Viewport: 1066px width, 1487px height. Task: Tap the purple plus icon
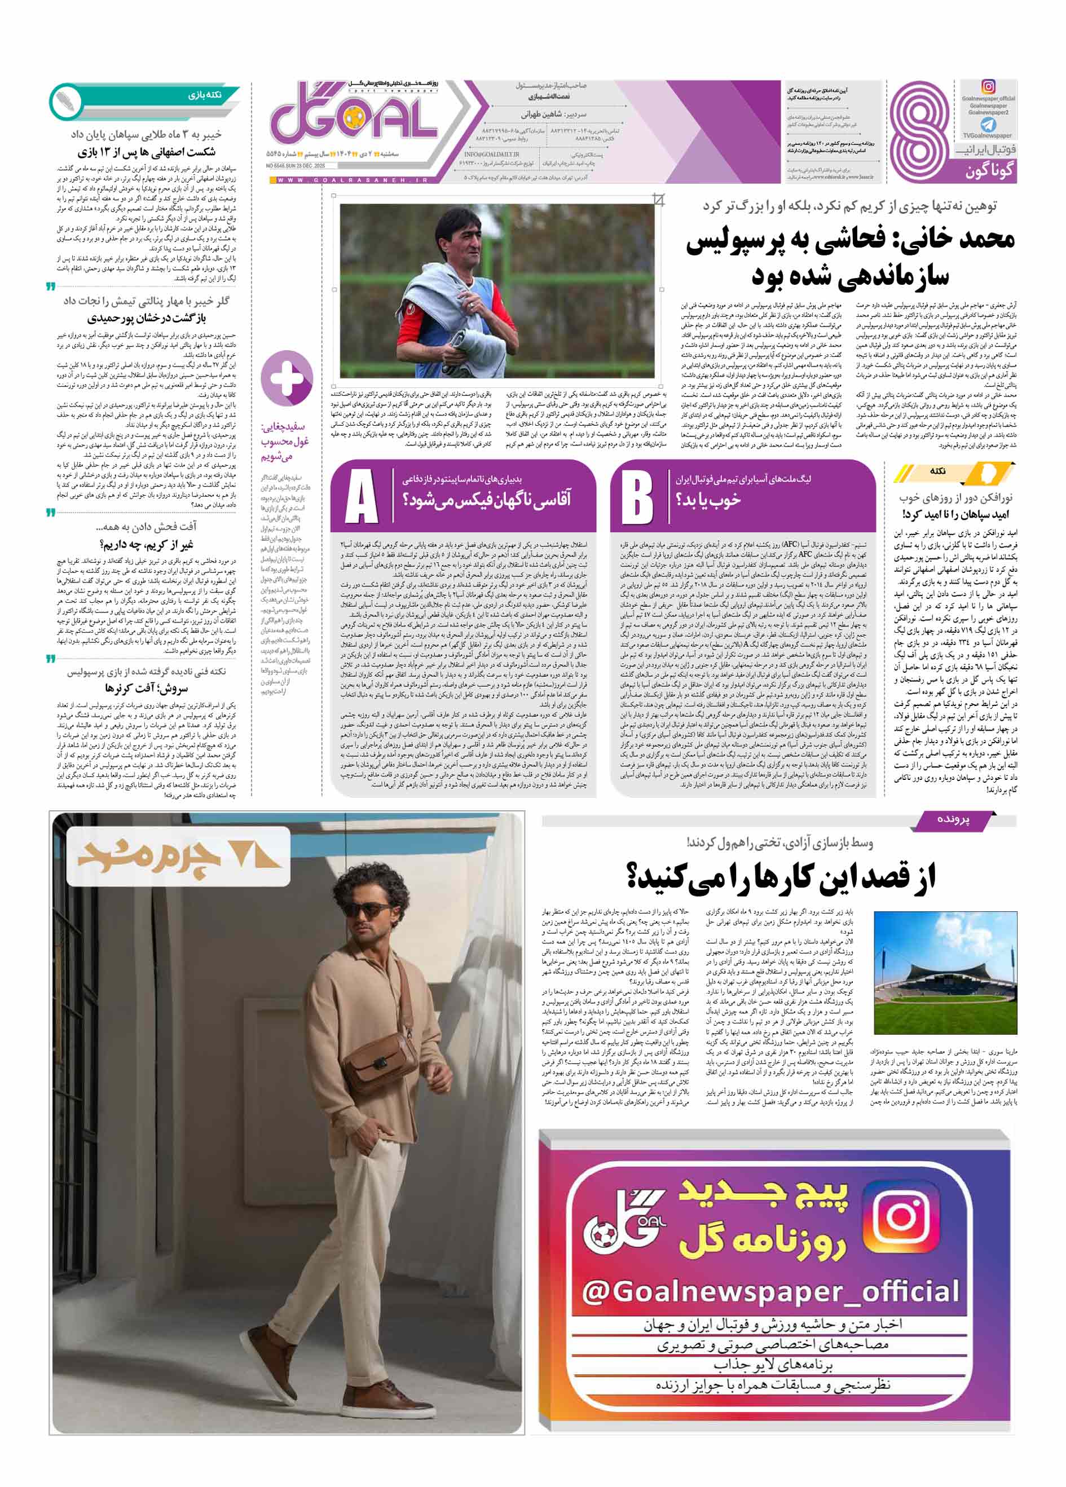click(x=287, y=378)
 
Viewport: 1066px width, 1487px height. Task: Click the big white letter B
click(x=637, y=496)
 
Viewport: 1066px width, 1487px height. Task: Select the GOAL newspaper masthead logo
click(x=354, y=121)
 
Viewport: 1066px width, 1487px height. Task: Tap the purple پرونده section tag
click(x=953, y=819)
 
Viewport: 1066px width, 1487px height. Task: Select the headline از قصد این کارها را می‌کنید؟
click(x=781, y=877)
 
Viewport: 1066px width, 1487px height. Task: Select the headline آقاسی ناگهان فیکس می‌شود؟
click(x=486, y=500)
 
